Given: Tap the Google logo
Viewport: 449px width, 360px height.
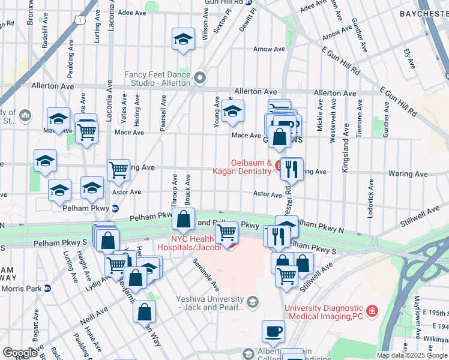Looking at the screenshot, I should [20, 353].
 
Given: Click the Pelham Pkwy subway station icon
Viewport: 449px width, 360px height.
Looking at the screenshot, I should [115, 208].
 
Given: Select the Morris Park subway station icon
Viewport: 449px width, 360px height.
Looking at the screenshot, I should [48, 288].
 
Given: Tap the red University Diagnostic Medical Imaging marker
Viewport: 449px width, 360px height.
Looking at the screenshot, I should [372, 311].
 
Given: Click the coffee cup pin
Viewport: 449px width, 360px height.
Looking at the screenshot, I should [273, 331].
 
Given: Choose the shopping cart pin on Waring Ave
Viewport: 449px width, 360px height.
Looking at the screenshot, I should [118, 169].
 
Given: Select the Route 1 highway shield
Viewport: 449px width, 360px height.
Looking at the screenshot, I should [79, 20].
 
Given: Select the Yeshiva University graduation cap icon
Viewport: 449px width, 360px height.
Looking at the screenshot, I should [252, 301].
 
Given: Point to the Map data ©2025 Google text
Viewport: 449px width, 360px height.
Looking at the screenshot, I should [412, 355].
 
